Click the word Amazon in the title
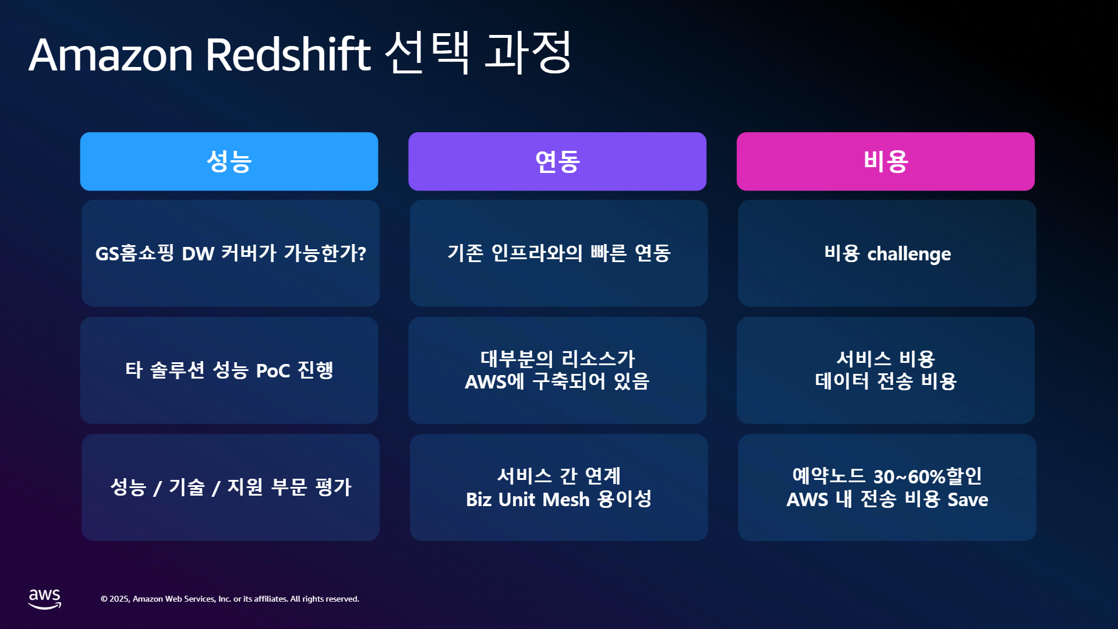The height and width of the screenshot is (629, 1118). tap(111, 55)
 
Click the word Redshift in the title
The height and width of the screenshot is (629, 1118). tap(288, 54)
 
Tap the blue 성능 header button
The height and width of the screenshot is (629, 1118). tap(229, 161)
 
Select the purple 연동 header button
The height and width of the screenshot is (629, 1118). tap(557, 161)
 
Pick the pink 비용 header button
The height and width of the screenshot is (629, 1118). tap(886, 161)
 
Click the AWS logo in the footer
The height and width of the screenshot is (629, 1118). tap(45, 599)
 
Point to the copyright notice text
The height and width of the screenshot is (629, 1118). tap(230, 599)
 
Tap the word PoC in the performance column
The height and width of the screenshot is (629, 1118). tap(273, 371)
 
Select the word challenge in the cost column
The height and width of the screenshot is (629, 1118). tap(909, 254)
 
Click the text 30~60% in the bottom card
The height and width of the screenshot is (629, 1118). tap(909, 476)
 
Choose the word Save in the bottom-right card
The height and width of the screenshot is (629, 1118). tap(968, 500)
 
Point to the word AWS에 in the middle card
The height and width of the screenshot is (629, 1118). tap(495, 381)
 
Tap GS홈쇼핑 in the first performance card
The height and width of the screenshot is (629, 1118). tap(135, 253)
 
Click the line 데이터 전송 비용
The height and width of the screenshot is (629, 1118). tap(886, 381)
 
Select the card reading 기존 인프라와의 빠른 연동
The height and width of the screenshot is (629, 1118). tap(559, 253)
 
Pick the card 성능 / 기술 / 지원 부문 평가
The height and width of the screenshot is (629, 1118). tap(231, 487)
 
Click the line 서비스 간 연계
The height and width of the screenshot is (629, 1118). tap(559, 476)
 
